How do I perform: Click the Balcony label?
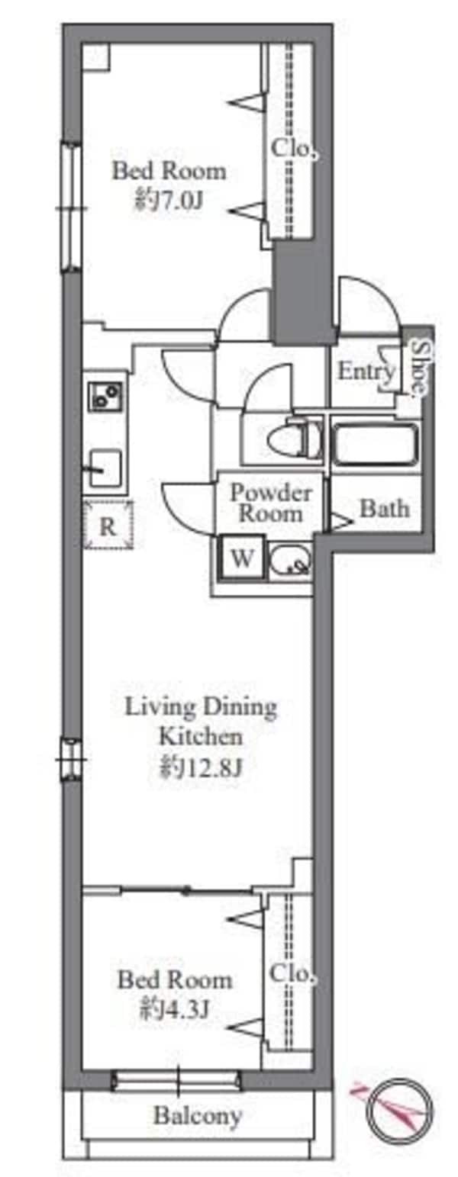(x=198, y=1115)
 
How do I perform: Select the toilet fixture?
(x=295, y=438)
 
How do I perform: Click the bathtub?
(x=376, y=444)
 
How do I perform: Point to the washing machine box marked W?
(x=242, y=558)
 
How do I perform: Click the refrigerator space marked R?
(x=108, y=526)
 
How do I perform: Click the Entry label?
(x=366, y=371)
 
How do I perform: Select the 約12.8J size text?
(x=200, y=769)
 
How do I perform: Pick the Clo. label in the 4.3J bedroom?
(x=292, y=973)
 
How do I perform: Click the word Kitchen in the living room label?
(x=201, y=736)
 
